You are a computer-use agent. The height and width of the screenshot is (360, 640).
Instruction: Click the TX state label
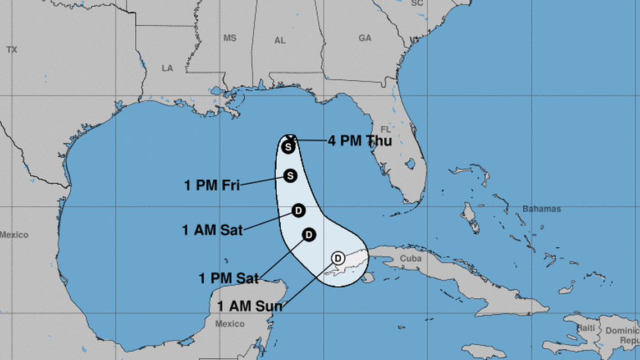point(12,49)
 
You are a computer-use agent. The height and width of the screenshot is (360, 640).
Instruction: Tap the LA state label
point(167,68)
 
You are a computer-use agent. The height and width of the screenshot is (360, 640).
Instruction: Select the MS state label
point(230,38)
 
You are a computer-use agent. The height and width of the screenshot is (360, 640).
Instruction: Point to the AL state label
point(280,40)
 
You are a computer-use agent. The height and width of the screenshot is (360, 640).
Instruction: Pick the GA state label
point(365,38)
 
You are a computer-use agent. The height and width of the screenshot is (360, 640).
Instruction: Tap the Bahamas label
point(541,209)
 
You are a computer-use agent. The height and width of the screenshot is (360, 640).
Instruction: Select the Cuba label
point(410,258)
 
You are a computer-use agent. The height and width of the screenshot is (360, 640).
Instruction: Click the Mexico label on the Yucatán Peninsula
point(230,323)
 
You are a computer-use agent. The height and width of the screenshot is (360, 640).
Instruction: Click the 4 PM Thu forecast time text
point(360,140)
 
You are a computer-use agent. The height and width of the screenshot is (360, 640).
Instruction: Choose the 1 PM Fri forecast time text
point(212,185)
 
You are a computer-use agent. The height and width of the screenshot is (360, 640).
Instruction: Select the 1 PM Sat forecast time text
point(229,277)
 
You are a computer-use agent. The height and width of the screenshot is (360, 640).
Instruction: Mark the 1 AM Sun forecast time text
point(249,306)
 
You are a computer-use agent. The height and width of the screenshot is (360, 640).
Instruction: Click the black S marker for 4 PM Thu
point(288,147)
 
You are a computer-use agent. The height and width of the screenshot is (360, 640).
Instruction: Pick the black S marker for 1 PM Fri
point(290,176)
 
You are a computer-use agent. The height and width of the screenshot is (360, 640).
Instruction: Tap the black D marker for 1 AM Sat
point(299,211)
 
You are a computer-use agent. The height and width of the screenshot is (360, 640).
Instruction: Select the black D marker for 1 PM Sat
point(308,235)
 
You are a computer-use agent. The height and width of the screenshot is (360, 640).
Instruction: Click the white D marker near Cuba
point(338,258)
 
